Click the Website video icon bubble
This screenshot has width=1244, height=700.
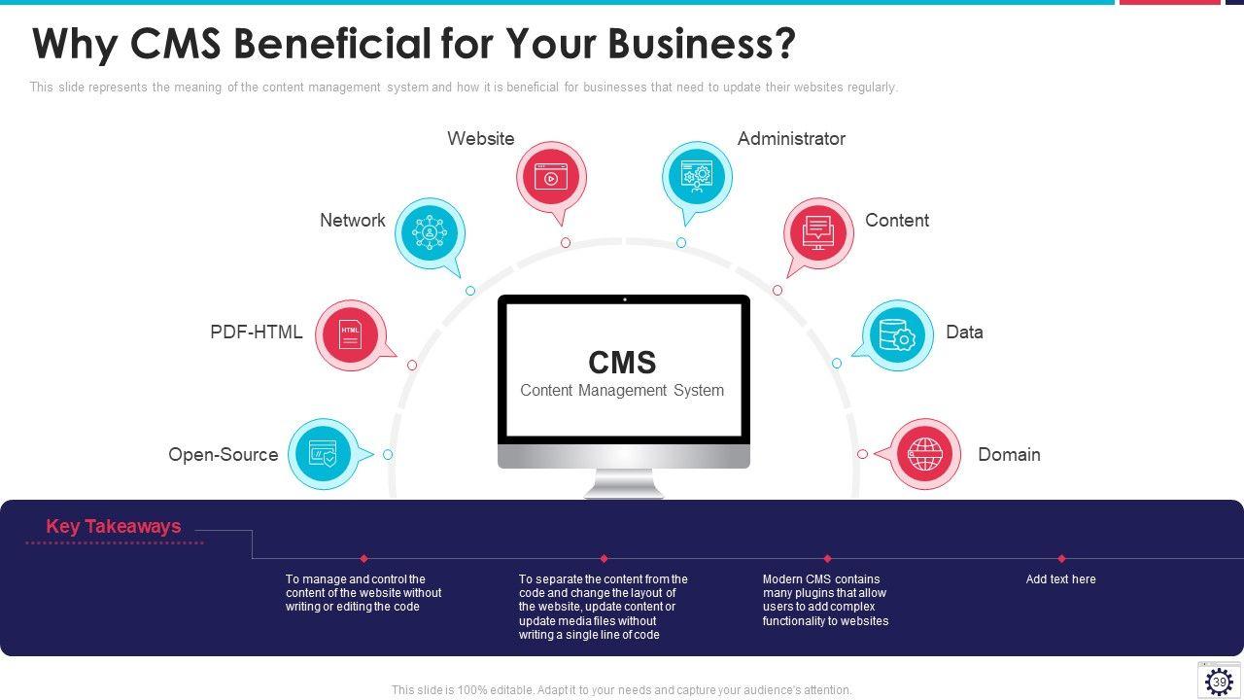click(x=551, y=177)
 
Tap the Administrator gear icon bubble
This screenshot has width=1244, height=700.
click(x=697, y=176)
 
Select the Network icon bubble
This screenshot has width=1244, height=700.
click(x=429, y=232)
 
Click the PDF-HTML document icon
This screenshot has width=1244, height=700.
click(x=351, y=334)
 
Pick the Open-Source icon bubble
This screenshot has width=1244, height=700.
click(x=323, y=453)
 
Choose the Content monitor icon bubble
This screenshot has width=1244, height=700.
click(x=818, y=232)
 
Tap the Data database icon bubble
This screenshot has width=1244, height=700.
click(x=897, y=335)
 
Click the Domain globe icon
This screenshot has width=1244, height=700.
click(x=925, y=453)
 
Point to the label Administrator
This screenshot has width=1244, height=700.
click(x=791, y=139)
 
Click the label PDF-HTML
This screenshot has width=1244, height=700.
click(x=257, y=332)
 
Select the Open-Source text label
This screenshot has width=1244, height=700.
click(x=224, y=455)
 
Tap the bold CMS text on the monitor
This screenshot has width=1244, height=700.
click(x=622, y=363)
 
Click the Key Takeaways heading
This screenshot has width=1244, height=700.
click(x=114, y=527)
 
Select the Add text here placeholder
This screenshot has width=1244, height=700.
click(x=1060, y=579)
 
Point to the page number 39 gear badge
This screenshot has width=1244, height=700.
click(x=1219, y=681)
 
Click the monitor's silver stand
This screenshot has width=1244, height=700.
click(x=624, y=482)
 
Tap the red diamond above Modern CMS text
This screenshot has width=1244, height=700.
click(x=827, y=559)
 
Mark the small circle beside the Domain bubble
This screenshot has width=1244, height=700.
click(x=862, y=454)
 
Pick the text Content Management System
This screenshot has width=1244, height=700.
click(x=622, y=391)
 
